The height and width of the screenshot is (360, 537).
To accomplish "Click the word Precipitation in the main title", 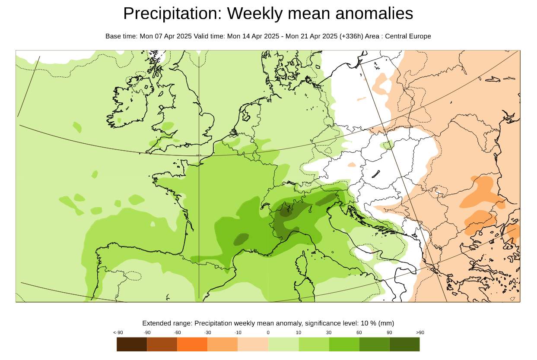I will tap(171, 14).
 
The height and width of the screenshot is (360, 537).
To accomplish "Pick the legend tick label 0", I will tap(268, 332).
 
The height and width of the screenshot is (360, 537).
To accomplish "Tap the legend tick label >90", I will tap(420, 332).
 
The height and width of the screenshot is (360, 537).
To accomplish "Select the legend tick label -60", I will tap(177, 332).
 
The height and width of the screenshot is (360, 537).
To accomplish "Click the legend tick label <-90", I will tap(118, 332).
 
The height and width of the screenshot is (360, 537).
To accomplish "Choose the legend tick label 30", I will tap(329, 332).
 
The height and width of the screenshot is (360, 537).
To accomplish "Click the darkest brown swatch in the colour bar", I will tap(132, 344).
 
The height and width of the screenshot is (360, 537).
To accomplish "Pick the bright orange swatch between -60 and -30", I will tap(192, 344).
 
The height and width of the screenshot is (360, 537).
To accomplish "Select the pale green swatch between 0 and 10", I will tap(283, 344).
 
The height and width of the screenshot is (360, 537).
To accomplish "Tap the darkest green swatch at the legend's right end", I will tap(404, 344).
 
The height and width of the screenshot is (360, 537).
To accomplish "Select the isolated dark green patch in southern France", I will tap(241, 239).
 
